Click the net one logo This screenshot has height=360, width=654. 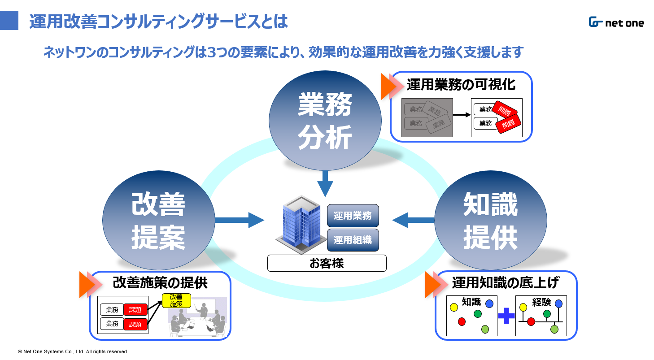click(616, 22)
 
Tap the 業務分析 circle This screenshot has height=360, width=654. click(325, 120)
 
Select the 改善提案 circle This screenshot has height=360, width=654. click(158, 220)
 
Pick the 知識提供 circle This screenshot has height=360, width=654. click(491, 220)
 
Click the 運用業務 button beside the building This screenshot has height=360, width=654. click(353, 216)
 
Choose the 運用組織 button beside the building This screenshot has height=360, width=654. click(353, 240)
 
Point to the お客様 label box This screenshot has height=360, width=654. click(327, 263)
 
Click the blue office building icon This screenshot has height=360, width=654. click(301, 224)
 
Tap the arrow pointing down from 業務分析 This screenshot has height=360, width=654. click(325, 184)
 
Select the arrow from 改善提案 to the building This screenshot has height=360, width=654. click(240, 220)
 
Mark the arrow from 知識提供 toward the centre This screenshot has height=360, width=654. click(413, 220)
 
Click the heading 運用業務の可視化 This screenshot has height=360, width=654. click(461, 85)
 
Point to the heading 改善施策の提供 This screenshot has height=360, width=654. click(160, 282)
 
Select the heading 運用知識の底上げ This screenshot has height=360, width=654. click(506, 282)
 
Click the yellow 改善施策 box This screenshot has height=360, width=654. click(176, 300)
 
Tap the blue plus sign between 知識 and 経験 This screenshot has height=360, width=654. click(506, 316)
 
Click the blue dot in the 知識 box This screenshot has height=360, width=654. click(489, 304)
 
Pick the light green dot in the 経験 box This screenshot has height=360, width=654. click(554, 330)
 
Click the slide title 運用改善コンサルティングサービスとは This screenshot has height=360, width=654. click(158, 22)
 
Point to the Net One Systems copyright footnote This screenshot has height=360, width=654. click(73, 351)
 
